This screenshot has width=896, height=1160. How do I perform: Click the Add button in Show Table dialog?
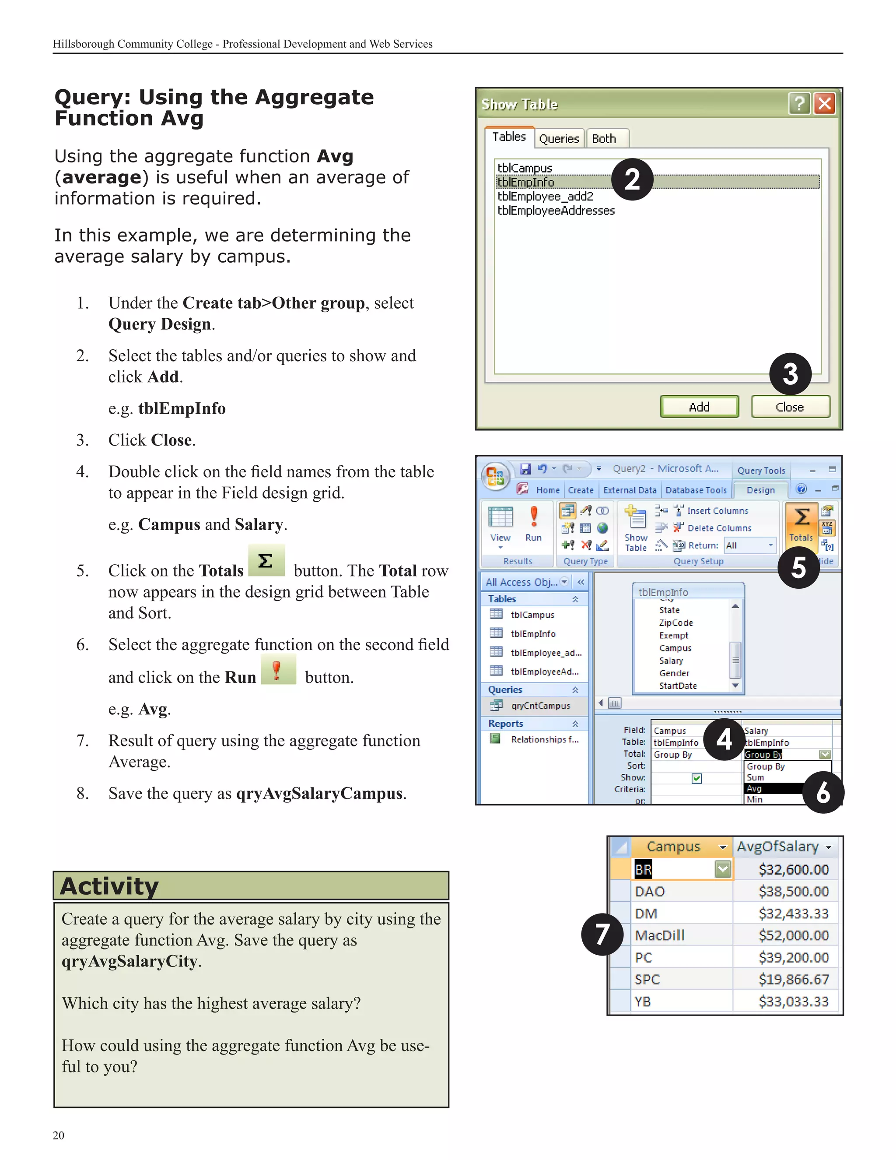(x=699, y=407)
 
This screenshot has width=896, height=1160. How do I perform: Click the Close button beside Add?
(x=790, y=407)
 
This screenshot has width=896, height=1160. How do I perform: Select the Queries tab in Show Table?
(x=559, y=139)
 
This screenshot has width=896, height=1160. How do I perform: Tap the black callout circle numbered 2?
(x=632, y=179)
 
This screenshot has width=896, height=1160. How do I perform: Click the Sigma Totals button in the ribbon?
(x=801, y=523)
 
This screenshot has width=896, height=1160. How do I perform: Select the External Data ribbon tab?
(x=630, y=490)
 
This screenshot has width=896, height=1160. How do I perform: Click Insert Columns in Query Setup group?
(x=717, y=511)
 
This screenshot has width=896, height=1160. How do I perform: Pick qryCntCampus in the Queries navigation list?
(x=540, y=705)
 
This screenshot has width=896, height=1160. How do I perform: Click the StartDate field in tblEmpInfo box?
(x=678, y=685)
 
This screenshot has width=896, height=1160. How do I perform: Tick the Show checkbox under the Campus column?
(x=696, y=778)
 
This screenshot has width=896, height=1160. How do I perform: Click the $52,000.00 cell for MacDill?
(x=793, y=935)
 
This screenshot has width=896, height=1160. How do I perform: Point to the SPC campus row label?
(x=647, y=979)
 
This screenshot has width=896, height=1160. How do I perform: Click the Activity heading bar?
(x=251, y=886)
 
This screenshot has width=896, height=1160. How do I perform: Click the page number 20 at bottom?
(x=58, y=1135)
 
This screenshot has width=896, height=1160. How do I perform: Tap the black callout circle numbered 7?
(x=602, y=934)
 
